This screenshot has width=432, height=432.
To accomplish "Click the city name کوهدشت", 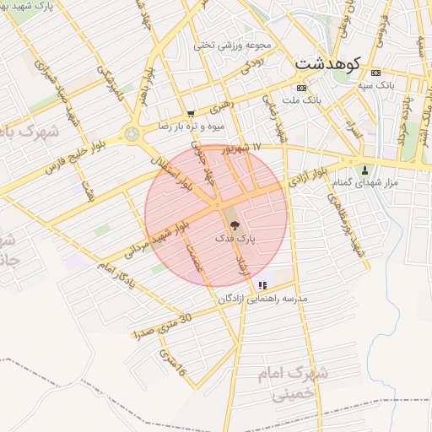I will point(328,62).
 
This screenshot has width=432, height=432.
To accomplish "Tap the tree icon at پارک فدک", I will point(234,225).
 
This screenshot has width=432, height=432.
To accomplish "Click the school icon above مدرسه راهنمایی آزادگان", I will point(263,286).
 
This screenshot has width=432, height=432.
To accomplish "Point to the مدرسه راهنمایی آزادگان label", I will point(262,300).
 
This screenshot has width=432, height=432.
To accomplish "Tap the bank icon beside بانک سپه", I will point(375,72).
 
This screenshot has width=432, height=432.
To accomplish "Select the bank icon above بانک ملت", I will point(300,88).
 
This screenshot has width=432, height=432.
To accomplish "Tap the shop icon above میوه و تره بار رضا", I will point(191,114).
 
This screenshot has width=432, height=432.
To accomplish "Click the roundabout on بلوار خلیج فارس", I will point(131,133).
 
